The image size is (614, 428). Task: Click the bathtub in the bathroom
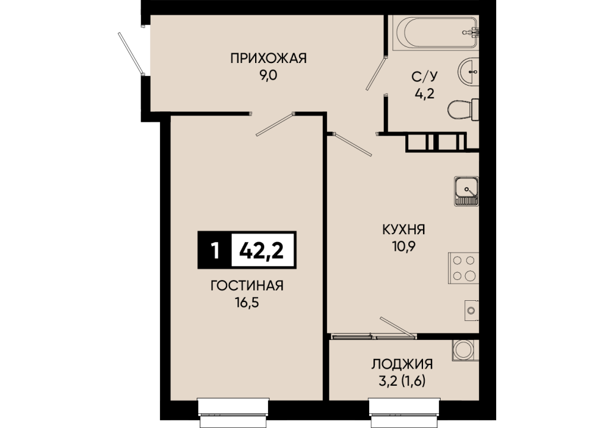[437, 32]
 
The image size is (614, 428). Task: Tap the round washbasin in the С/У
[468, 72]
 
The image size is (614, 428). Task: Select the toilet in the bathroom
[463, 110]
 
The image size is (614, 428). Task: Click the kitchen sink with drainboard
[466, 191]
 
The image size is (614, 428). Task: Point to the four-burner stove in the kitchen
[464, 268]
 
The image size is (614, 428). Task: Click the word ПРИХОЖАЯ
[269, 59]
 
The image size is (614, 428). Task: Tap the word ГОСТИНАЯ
[247, 286]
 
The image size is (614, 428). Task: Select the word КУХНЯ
[403, 229]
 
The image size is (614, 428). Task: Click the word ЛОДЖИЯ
[402, 364]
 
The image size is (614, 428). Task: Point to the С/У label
[424, 76]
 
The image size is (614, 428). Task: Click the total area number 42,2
[262, 250]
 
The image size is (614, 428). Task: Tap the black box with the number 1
[215, 250]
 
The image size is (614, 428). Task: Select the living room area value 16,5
[247, 303]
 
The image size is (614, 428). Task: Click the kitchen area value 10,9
[403, 246]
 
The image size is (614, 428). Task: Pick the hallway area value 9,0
[268, 75]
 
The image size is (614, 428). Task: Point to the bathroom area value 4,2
[425, 94]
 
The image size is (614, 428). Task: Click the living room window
[234, 413]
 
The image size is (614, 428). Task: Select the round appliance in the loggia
[463, 350]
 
